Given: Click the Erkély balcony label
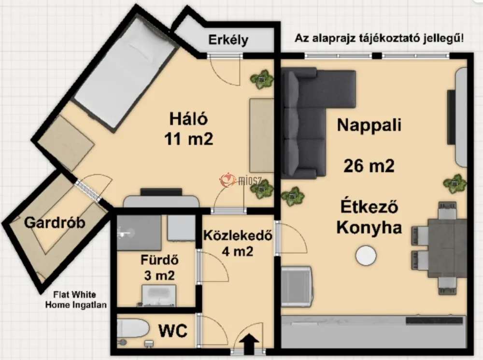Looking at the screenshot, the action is pos(228,40).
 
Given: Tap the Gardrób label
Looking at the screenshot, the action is pos(55,222).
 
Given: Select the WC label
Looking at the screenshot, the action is pos(173,331).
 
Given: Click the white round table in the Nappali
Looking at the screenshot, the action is pos(366,255).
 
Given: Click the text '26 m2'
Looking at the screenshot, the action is pos(369,166).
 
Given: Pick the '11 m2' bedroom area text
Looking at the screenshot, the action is pos(188,139).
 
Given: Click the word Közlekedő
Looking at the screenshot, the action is pos(238,235).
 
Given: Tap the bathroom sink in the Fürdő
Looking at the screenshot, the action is pos(159,296).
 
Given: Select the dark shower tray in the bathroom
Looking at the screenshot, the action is pos(139,233).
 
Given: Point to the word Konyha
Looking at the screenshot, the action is pos(369,228).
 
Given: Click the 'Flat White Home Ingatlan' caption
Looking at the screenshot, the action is pos(76,300).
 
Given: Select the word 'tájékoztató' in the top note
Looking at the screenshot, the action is pos(391,39).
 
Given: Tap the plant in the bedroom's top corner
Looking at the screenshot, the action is pos(262,80).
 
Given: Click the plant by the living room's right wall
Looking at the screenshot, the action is pos(455,184).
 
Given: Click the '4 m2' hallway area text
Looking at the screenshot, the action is pos(237,251).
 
